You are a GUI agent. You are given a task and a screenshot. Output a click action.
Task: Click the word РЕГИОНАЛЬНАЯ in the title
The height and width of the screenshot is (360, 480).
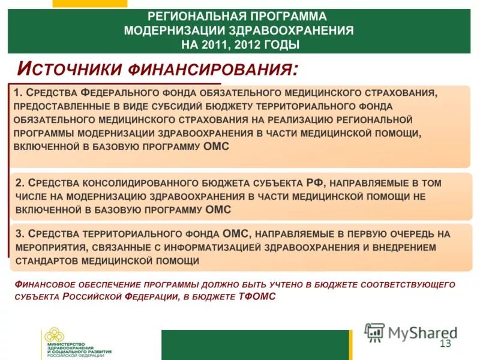coord(191,16)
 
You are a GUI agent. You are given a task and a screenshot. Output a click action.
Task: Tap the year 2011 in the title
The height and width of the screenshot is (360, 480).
coord(213,44)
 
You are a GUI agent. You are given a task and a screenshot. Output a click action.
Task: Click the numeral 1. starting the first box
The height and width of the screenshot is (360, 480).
coord(18,93)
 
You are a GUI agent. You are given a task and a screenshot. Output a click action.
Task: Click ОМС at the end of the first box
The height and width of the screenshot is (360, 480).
coord(217,146)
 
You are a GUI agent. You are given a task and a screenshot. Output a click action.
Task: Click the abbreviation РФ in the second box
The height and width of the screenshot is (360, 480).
coord(315,182)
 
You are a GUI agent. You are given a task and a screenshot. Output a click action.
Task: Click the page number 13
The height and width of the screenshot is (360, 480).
coord(445,343)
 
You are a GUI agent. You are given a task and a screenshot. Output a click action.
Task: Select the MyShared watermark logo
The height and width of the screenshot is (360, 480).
coord(411,332)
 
